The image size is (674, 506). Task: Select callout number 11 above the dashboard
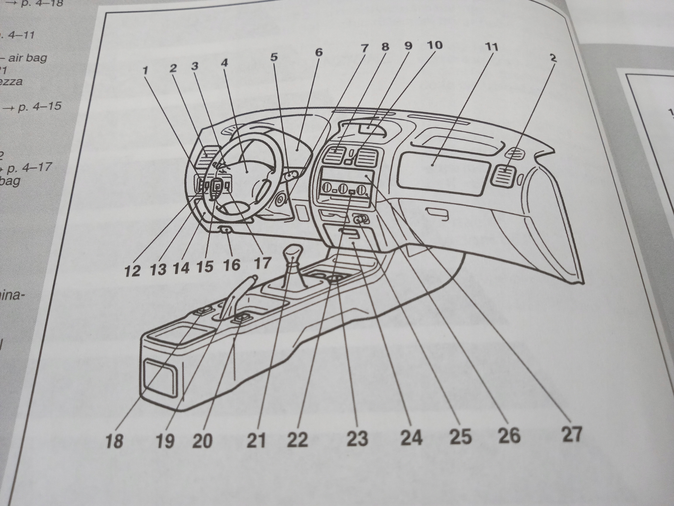point(492,47)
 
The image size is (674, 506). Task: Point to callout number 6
point(318,52)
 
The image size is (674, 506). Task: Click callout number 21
point(256,440)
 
